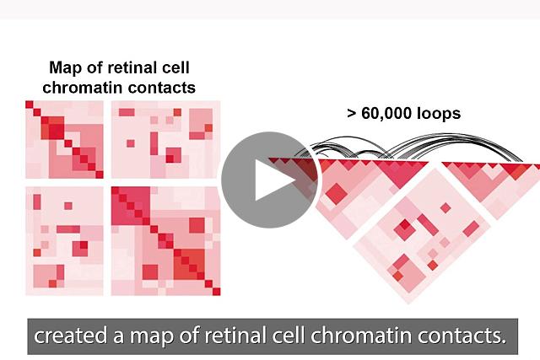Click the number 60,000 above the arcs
tap(386, 113)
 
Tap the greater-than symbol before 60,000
tap(352, 114)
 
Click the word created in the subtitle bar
tap(71, 336)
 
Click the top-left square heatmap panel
tap(64, 139)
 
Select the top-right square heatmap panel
tap(166, 139)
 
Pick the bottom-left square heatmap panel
tap(64, 241)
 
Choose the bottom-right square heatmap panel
tap(166, 241)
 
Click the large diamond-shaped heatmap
tap(422, 237)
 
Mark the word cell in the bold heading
tap(175, 67)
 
